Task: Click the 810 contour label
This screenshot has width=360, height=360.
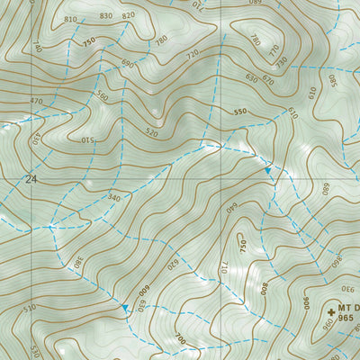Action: [71, 19]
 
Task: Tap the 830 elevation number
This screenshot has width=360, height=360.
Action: [106, 15]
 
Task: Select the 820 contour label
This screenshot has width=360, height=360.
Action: [128, 15]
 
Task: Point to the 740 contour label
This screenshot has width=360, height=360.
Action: [37, 46]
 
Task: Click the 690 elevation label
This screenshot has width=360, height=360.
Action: [127, 64]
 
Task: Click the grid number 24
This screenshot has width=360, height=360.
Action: [32, 179]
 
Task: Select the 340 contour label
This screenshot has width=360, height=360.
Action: [113, 197]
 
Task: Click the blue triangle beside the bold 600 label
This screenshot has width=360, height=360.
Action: [125, 308]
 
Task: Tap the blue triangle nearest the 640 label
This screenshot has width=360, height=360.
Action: [267, 169]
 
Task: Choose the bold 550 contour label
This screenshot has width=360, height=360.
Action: [239, 112]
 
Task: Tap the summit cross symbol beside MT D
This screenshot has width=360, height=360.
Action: [331, 309]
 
